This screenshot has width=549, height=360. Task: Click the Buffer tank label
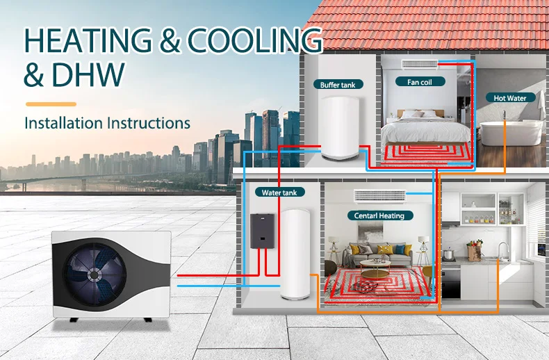pos(338,85)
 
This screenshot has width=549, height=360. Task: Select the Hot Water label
pos(510,98)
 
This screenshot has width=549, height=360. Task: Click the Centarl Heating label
pos(379,215)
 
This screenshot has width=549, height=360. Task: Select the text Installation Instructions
pos(107,123)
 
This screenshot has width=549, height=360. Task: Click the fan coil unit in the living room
pos(379,195)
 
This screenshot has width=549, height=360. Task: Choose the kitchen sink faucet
pos(502,249)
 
